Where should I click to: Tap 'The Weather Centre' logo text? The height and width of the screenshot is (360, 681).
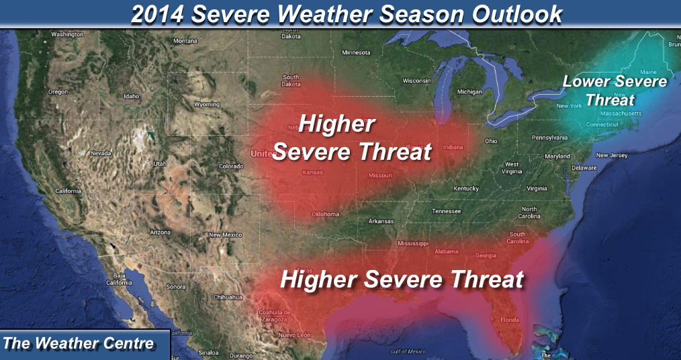coord(79,343)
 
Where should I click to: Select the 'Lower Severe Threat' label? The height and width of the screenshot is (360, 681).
coord(614,91)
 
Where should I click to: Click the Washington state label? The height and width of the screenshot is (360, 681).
coord(66,34)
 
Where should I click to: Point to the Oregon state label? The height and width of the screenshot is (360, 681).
coord(58,92)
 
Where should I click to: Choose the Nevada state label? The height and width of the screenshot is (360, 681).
coord(100,152)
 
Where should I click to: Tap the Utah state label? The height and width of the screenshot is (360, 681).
coord(159,163)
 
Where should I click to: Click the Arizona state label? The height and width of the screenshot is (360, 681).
coord(160,232)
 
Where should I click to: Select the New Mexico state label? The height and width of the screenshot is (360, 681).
coord(225,234)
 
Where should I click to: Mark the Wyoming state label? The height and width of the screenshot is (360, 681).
coord(206,105)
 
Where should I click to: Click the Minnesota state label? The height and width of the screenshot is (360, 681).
coord(356,52)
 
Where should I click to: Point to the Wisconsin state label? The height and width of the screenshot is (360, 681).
coord(416,81)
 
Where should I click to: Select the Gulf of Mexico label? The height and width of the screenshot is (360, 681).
coord(408,352)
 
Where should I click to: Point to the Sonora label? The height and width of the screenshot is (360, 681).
coord(176,287)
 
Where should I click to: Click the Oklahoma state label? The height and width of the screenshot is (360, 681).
coord(324,214)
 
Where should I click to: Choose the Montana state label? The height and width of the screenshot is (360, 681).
coord(185,41)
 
